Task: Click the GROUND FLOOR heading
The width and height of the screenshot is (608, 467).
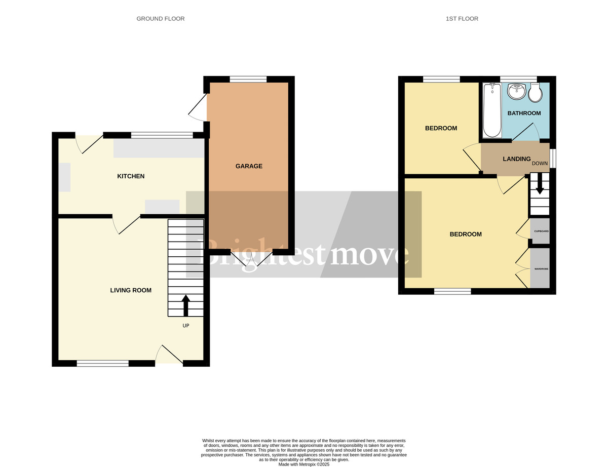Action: click(160, 19)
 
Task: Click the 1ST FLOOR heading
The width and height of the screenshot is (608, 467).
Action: click(462, 19)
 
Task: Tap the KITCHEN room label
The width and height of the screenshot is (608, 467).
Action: click(131, 176)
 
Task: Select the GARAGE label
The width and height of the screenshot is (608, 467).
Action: click(249, 166)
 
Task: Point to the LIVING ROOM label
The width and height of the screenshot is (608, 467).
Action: click(131, 290)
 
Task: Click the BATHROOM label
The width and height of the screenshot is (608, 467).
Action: click(524, 113)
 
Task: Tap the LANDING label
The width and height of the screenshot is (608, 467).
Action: click(516, 159)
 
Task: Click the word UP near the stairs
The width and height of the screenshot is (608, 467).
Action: click(186, 326)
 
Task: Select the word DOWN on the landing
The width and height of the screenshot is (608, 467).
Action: click(540, 163)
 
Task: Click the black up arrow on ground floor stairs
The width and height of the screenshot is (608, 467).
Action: click(186, 305)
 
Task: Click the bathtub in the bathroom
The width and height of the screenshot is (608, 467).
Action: click(491, 110)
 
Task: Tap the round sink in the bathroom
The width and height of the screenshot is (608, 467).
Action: click(516, 91)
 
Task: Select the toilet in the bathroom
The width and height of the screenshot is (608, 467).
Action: click(535, 93)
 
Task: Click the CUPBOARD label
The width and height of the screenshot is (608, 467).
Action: click(541, 231)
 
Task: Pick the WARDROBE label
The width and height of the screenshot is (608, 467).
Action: click(541, 269)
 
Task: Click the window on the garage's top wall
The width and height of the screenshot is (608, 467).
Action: click(248, 79)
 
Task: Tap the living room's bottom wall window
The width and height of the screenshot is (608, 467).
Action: click(102, 363)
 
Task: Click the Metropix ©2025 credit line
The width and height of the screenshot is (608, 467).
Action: click(303, 464)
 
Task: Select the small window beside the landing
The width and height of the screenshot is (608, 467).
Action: click(553, 158)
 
